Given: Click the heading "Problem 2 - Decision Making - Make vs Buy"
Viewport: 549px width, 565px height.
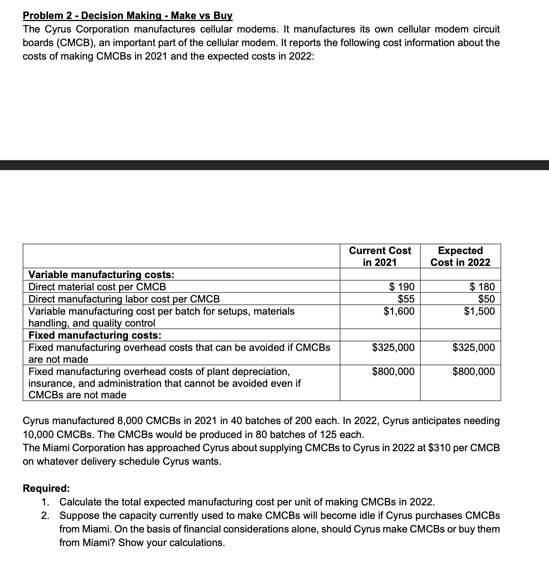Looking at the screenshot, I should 128,16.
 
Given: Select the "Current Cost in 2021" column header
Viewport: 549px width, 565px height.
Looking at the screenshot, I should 380,256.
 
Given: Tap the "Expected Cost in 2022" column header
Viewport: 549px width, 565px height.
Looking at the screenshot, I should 460,256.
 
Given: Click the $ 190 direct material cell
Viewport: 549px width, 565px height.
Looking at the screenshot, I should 401,287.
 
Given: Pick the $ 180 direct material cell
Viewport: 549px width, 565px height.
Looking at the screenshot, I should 482,287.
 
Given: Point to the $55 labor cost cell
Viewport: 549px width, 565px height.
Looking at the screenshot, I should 406,299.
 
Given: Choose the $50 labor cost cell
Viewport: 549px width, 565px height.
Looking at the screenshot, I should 486,299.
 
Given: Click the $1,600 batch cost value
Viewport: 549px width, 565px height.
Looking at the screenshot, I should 399,311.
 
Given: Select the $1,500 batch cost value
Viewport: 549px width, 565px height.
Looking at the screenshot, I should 479,311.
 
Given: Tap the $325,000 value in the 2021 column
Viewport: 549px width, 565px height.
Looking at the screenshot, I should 393,347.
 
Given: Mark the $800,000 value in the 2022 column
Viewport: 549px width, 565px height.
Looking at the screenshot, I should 474,371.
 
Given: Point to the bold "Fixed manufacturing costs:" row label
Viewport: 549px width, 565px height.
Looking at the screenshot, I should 95,335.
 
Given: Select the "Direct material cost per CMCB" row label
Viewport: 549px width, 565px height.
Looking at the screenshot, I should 97,287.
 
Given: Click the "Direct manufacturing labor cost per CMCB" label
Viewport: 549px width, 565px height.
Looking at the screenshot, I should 124,299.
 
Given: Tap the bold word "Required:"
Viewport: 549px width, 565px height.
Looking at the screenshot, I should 46,488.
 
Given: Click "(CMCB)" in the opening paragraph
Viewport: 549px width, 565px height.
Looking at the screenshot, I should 59,43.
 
